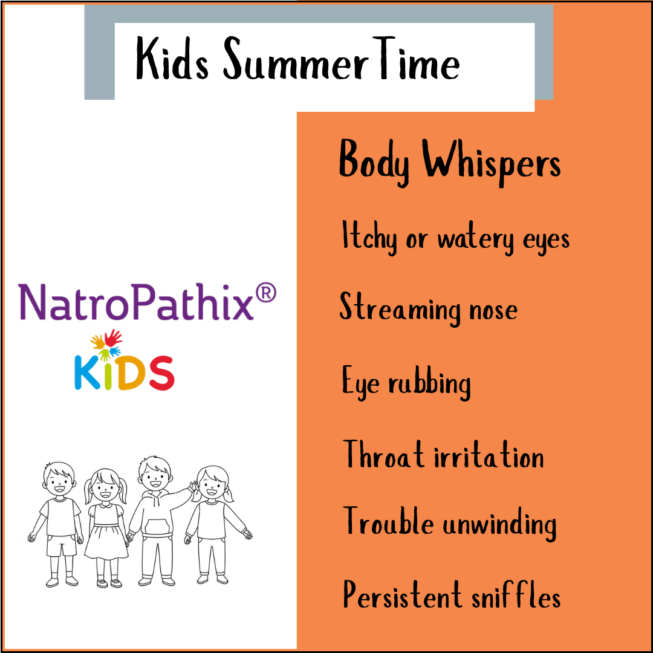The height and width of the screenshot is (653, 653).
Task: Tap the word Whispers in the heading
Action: [x=491, y=161]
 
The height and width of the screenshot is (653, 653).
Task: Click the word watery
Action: [x=470, y=239]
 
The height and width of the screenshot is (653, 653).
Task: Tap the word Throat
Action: [x=384, y=455]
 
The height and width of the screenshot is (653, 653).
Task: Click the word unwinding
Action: [x=499, y=524]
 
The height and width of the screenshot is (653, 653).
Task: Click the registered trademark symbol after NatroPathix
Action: [x=265, y=293]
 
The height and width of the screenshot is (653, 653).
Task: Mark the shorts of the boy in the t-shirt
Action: [x=62, y=544]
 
